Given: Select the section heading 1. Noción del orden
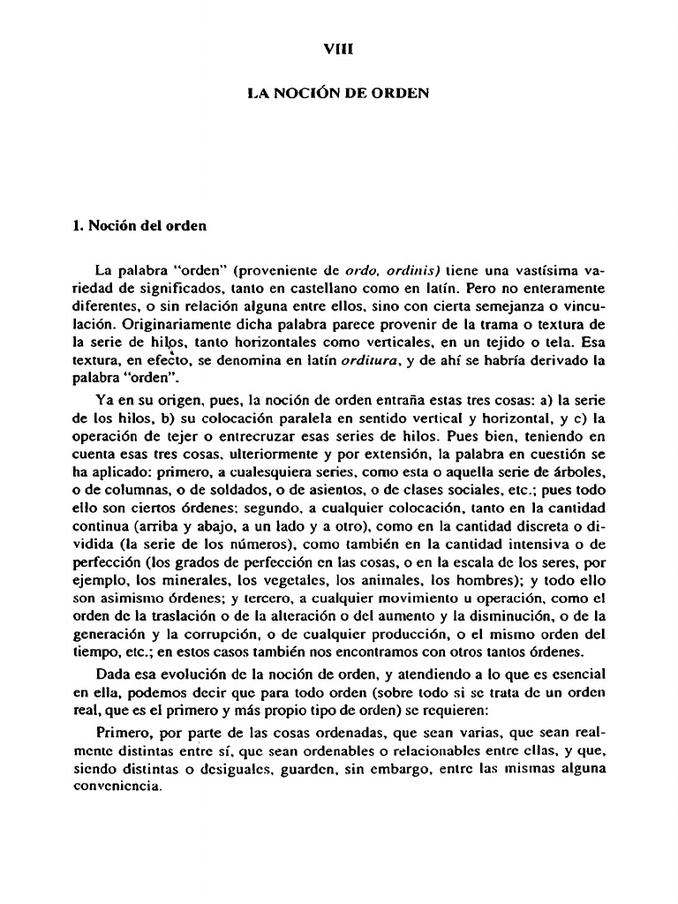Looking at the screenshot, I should [x=139, y=225].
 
